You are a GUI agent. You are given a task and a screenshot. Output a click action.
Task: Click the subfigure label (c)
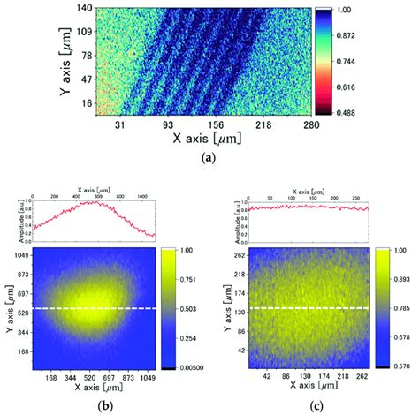(x=314, y=407)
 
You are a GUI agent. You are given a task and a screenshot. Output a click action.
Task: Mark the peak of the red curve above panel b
(x=94, y=202)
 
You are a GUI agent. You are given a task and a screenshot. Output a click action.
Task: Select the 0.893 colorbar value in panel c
(x=403, y=281)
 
